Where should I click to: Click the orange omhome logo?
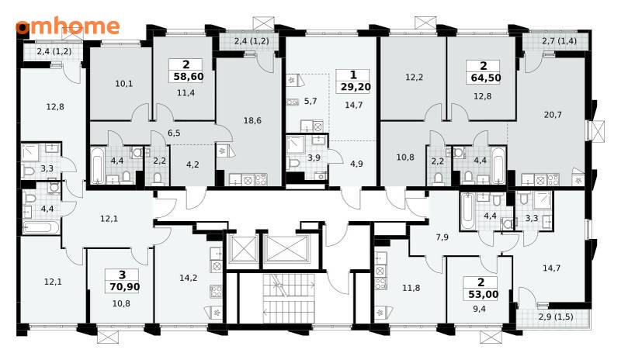68,26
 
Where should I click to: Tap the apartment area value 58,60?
189,76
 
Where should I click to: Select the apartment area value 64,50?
486,78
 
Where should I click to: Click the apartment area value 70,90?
125,286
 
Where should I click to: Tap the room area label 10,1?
124,84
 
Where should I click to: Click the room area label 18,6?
252,120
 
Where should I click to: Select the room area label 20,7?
553,115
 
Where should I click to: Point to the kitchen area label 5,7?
310,101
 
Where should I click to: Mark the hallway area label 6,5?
174,133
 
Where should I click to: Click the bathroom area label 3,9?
314,157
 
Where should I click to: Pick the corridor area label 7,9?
442,237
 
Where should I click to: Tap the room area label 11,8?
411,288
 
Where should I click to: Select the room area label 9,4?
479,309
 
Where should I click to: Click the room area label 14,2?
188,278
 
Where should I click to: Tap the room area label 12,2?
414,78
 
